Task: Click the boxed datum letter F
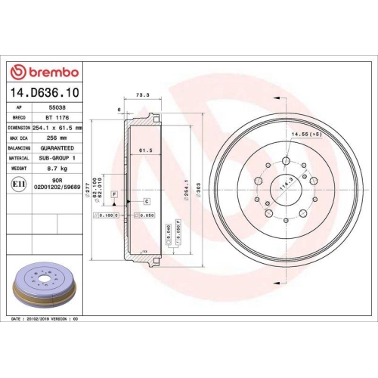point(114,195)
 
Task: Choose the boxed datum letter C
point(145,200)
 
